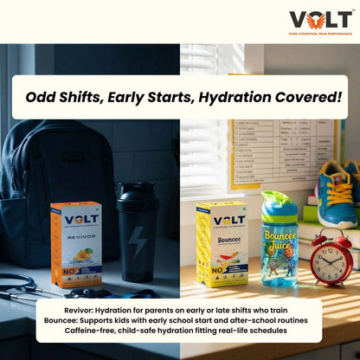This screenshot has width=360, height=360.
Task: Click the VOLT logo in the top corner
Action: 320,18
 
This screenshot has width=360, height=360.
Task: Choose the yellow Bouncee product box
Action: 222,243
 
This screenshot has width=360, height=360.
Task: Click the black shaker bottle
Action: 138,229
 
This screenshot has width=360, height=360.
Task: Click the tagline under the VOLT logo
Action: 320,33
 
